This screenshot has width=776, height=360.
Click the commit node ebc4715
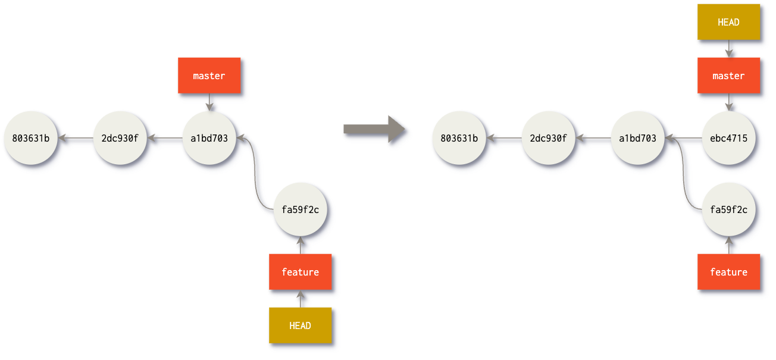pos(728,139)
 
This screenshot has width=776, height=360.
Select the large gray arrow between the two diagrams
pos(374,129)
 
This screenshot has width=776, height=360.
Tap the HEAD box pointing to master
pos(728,22)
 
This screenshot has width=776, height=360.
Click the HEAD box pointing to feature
pos(300,325)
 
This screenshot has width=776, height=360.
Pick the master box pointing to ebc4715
pos(728,76)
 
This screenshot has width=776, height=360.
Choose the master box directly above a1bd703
pos(209,76)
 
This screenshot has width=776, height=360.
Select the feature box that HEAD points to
pos(300,272)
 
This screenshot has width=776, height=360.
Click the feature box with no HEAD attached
pos(728,272)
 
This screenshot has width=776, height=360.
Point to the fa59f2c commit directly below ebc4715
pos(728,209)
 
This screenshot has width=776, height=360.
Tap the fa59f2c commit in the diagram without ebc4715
pos(300,209)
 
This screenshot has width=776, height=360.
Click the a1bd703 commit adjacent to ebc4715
pos(637,139)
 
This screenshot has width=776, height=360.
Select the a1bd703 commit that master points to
pos(209,139)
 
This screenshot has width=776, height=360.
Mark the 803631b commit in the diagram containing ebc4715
pos(459,139)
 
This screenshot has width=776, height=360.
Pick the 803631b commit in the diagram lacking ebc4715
pos(30,139)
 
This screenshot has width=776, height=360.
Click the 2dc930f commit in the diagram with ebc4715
pos(548,139)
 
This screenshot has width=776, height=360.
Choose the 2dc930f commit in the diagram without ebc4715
pos(120,139)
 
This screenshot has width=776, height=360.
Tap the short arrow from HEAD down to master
pos(728,49)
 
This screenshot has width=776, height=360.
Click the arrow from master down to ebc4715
pos(728,102)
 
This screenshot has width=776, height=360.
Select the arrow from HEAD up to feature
pos(300,298)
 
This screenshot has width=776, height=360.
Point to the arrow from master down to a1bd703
pos(209,102)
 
